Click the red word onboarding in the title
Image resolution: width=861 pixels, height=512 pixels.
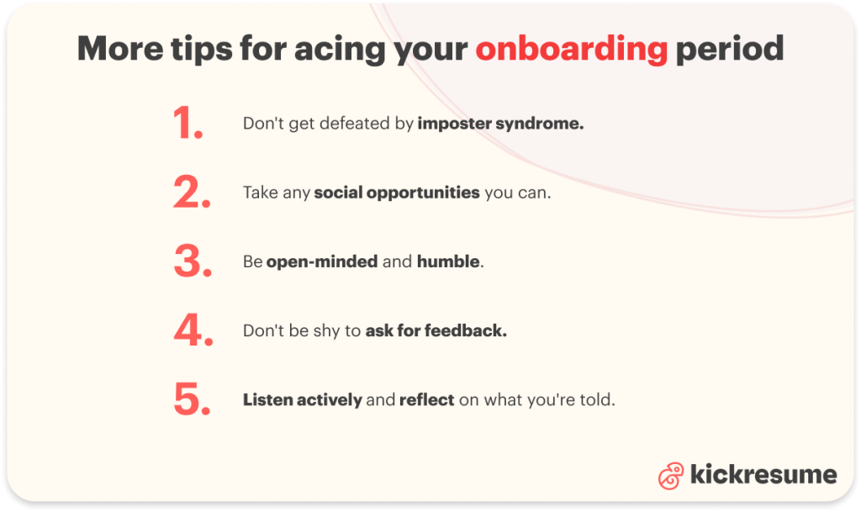click(x=571, y=50)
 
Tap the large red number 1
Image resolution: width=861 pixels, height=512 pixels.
click(x=189, y=124)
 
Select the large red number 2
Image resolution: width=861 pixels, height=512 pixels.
click(x=192, y=193)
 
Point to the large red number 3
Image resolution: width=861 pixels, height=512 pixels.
click(x=193, y=262)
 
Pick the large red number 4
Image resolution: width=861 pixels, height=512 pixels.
click(x=193, y=331)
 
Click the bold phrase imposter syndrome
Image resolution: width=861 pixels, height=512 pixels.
click(x=500, y=124)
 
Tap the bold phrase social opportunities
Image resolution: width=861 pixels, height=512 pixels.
click(x=397, y=193)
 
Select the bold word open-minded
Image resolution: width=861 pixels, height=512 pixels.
click(x=322, y=262)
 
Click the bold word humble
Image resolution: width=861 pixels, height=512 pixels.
click(x=449, y=262)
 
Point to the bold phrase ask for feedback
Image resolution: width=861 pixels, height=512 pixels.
click(x=436, y=331)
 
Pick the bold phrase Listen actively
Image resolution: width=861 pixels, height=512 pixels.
click(x=302, y=400)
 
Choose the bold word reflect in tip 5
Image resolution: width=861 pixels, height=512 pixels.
click(x=426, y=400)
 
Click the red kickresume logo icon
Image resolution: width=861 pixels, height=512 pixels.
click(x=670, y=476)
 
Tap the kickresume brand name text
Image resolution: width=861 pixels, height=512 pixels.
click(x=763, y=475)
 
